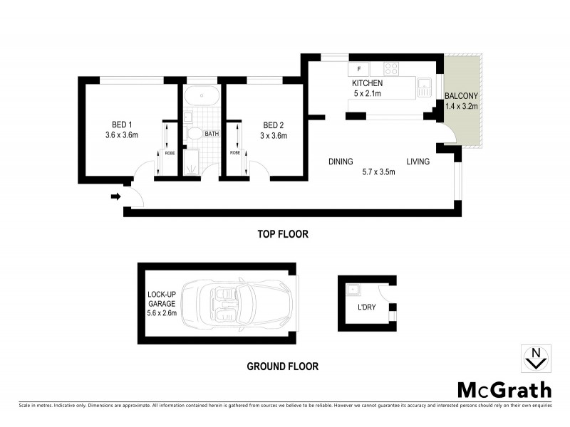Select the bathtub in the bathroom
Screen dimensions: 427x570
[200, 97]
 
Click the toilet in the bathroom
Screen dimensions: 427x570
[193, 133]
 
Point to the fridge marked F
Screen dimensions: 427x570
[358, 69]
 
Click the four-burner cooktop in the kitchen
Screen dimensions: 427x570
[391, 69]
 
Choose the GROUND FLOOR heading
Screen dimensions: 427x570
[282, 367]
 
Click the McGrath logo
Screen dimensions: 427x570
[504, 389]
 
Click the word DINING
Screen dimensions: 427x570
[341, 162]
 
